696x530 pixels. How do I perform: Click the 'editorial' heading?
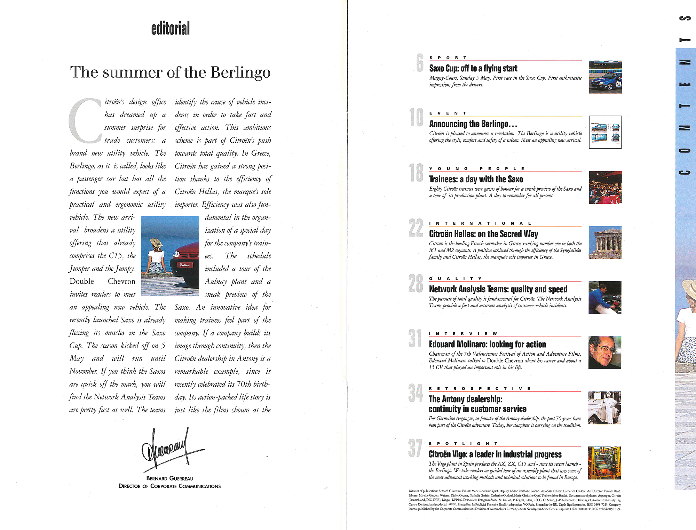pos(171,29)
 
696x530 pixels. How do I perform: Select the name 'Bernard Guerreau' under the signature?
pos(169,478)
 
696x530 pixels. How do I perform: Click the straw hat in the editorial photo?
pos(156,243)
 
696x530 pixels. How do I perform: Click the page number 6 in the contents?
pos(420,63)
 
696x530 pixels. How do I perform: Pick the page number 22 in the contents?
pos(416,228)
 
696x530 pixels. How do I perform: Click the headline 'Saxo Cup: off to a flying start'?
pos(473,68)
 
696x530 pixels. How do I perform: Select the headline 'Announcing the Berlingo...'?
pos(473,124)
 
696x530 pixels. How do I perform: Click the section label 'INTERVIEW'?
pos(463,333)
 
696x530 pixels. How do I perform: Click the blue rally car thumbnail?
pos(605,77)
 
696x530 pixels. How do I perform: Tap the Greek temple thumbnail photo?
pos(605,243)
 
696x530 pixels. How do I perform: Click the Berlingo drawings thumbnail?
pos(605,132)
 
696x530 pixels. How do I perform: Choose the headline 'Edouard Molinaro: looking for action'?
pos(487,344)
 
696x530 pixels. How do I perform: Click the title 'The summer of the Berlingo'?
pos(170,72)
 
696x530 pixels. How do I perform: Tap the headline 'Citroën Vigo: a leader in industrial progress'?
pos(495,454)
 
